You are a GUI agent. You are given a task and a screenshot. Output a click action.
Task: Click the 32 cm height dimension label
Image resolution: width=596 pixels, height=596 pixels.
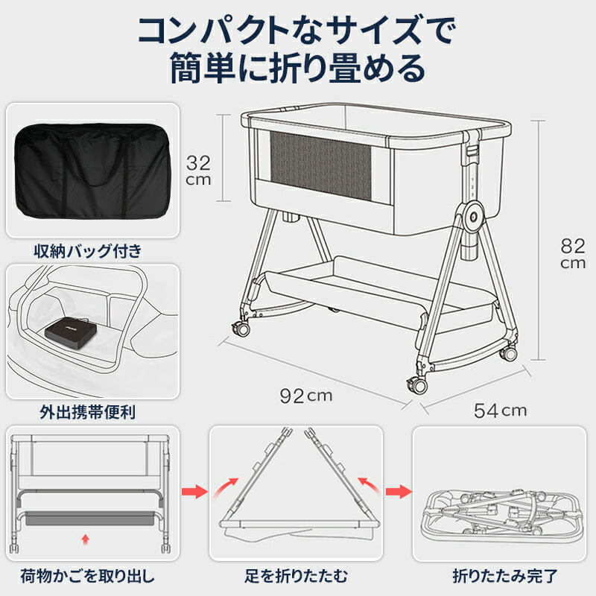[x=198, y=171]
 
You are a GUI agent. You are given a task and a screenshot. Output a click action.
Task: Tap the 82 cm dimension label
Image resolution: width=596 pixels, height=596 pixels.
[x=573, y=253]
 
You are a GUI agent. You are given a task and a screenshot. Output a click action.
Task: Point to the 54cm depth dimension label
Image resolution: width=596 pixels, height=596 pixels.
[x=500, y=410]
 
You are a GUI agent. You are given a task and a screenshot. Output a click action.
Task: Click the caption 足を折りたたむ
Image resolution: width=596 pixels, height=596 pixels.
[x=296, y=576]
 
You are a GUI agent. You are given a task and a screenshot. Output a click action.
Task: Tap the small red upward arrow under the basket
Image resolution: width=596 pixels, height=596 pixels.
[x=87, y=536]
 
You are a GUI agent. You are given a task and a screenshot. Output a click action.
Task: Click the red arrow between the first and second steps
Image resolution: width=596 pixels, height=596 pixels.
[x=194, y=492]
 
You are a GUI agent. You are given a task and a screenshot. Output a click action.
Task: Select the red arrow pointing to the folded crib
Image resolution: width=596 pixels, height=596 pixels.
[x=398, y=492]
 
